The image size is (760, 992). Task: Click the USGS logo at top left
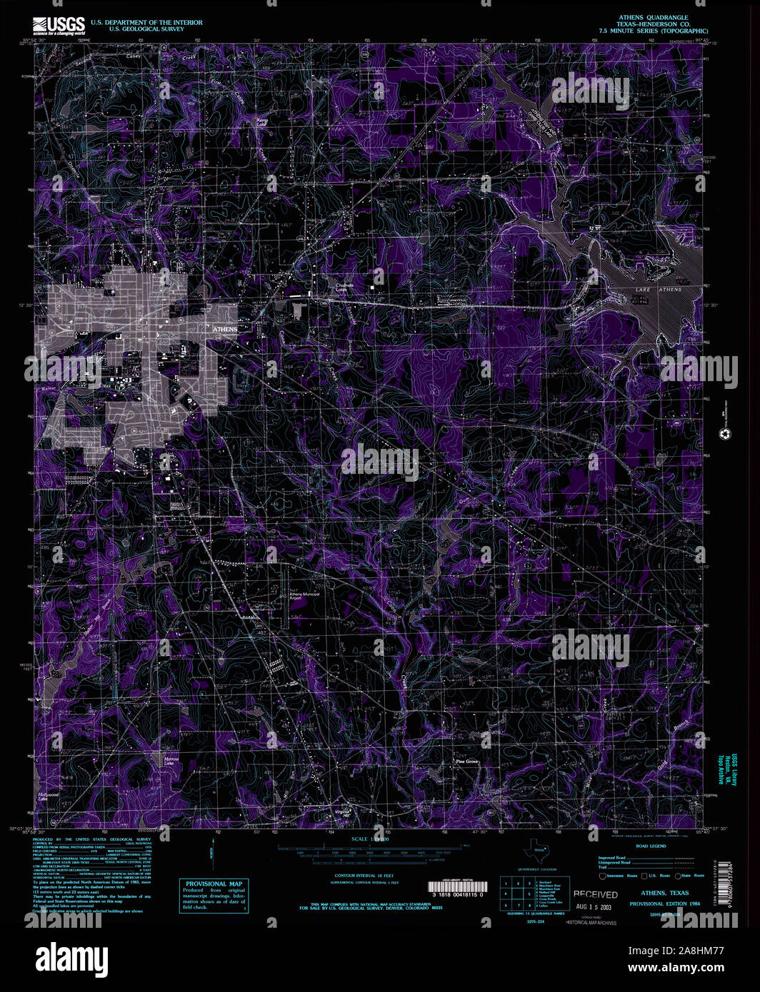[59, 26]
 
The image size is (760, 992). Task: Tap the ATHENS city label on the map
[225, 329]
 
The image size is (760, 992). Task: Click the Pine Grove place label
[467, 762]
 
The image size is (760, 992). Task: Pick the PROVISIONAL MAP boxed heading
[214, 884]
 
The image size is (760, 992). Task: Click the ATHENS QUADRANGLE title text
[653, 16]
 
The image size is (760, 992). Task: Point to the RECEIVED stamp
[595, 894]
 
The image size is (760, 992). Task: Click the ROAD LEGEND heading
[651, 846]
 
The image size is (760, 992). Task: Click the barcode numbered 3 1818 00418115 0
[457, 888]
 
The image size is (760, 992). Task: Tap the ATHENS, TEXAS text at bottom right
[664, 893]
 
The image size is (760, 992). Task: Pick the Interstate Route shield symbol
[603, 876]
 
